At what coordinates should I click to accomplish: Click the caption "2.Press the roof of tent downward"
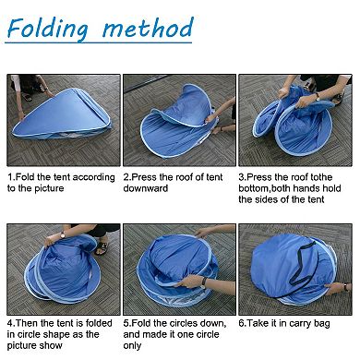tap(176, 181)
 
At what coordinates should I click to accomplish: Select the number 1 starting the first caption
tap(10, 175)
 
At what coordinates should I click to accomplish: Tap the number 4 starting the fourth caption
tap(10, 325)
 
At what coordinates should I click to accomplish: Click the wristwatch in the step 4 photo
tap(61, 236)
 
